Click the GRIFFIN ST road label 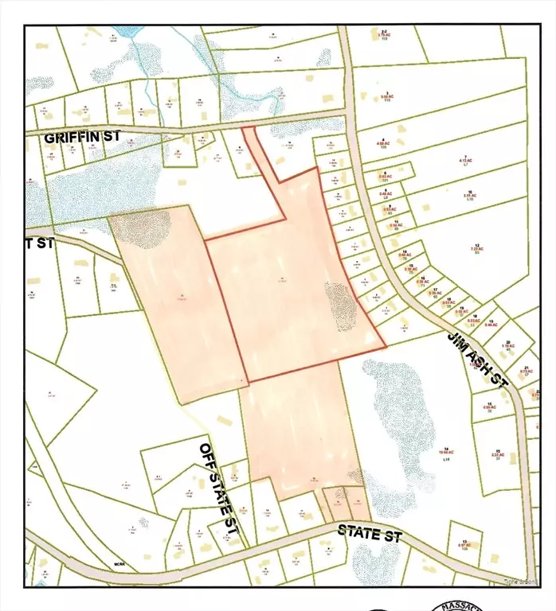[83, 137]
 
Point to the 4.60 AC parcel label [383, 144]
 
